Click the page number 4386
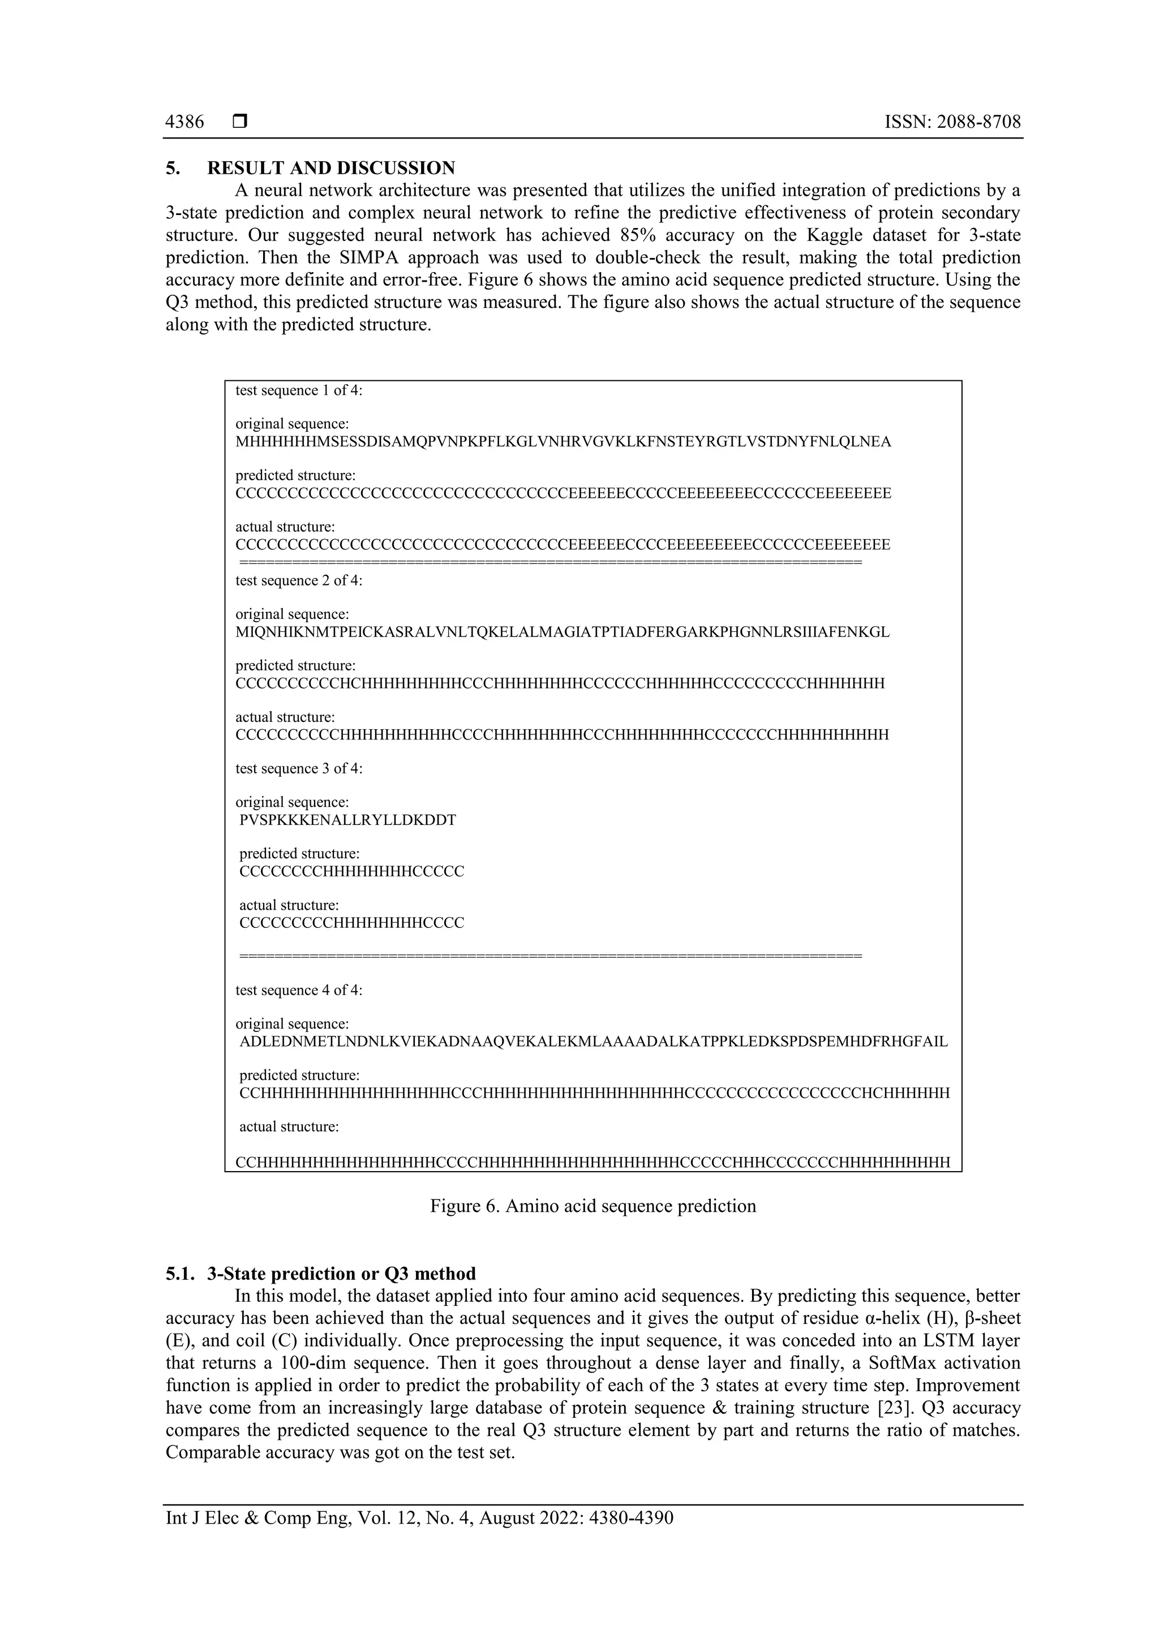tap(184, 122)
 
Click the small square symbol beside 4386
tap(240, 122)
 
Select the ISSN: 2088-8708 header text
tap(952, 122)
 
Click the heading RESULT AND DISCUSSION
tap(330, 168)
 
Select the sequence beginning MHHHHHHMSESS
tap(563, 442)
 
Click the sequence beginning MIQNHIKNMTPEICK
tap(562, 632)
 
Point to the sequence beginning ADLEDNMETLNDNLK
tap(593, 1042)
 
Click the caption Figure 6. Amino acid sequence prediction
tap(593, 1206)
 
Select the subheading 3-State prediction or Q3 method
tap(341, 1274)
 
